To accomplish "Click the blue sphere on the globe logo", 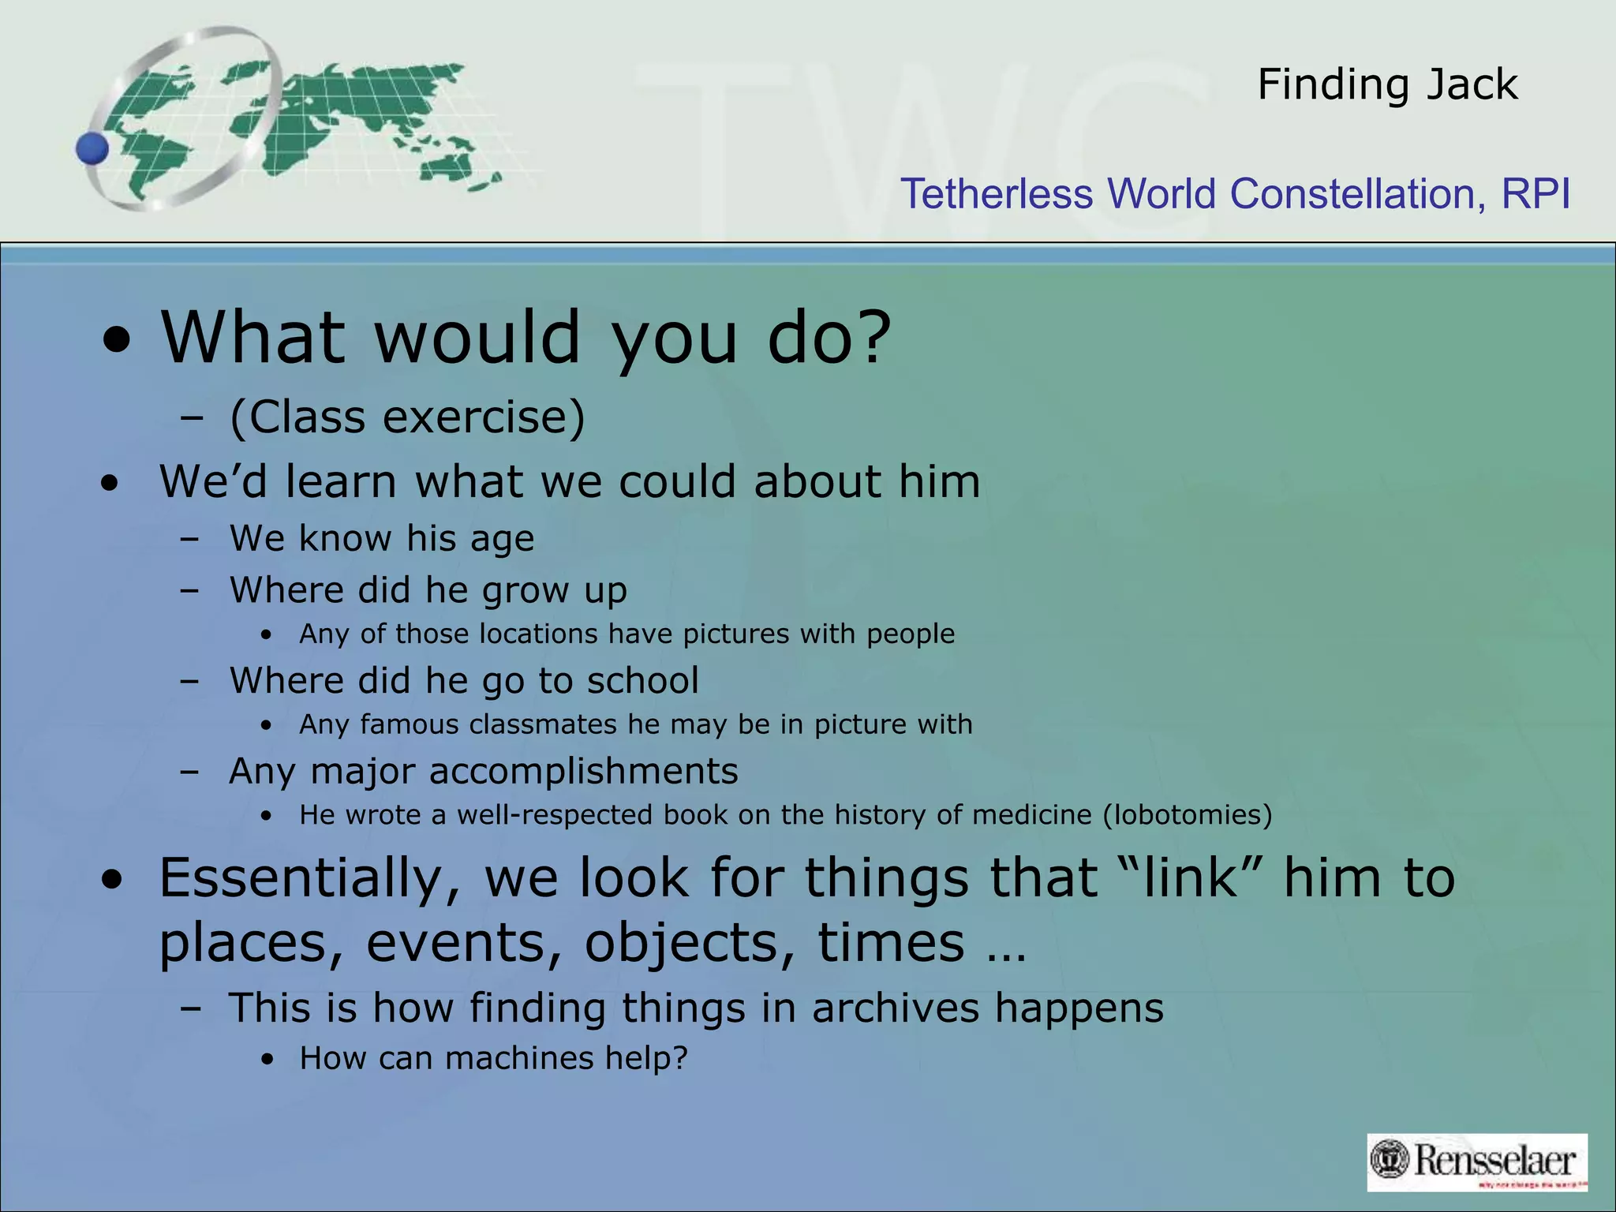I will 92,148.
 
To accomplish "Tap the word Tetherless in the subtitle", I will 997,194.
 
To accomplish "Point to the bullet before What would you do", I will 117,342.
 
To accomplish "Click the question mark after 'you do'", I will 874,338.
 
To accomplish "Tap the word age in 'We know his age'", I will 502,540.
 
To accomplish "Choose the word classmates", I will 543,724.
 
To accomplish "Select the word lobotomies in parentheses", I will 1188,815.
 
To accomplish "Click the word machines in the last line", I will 518,1058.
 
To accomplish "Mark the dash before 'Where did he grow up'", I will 189,590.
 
